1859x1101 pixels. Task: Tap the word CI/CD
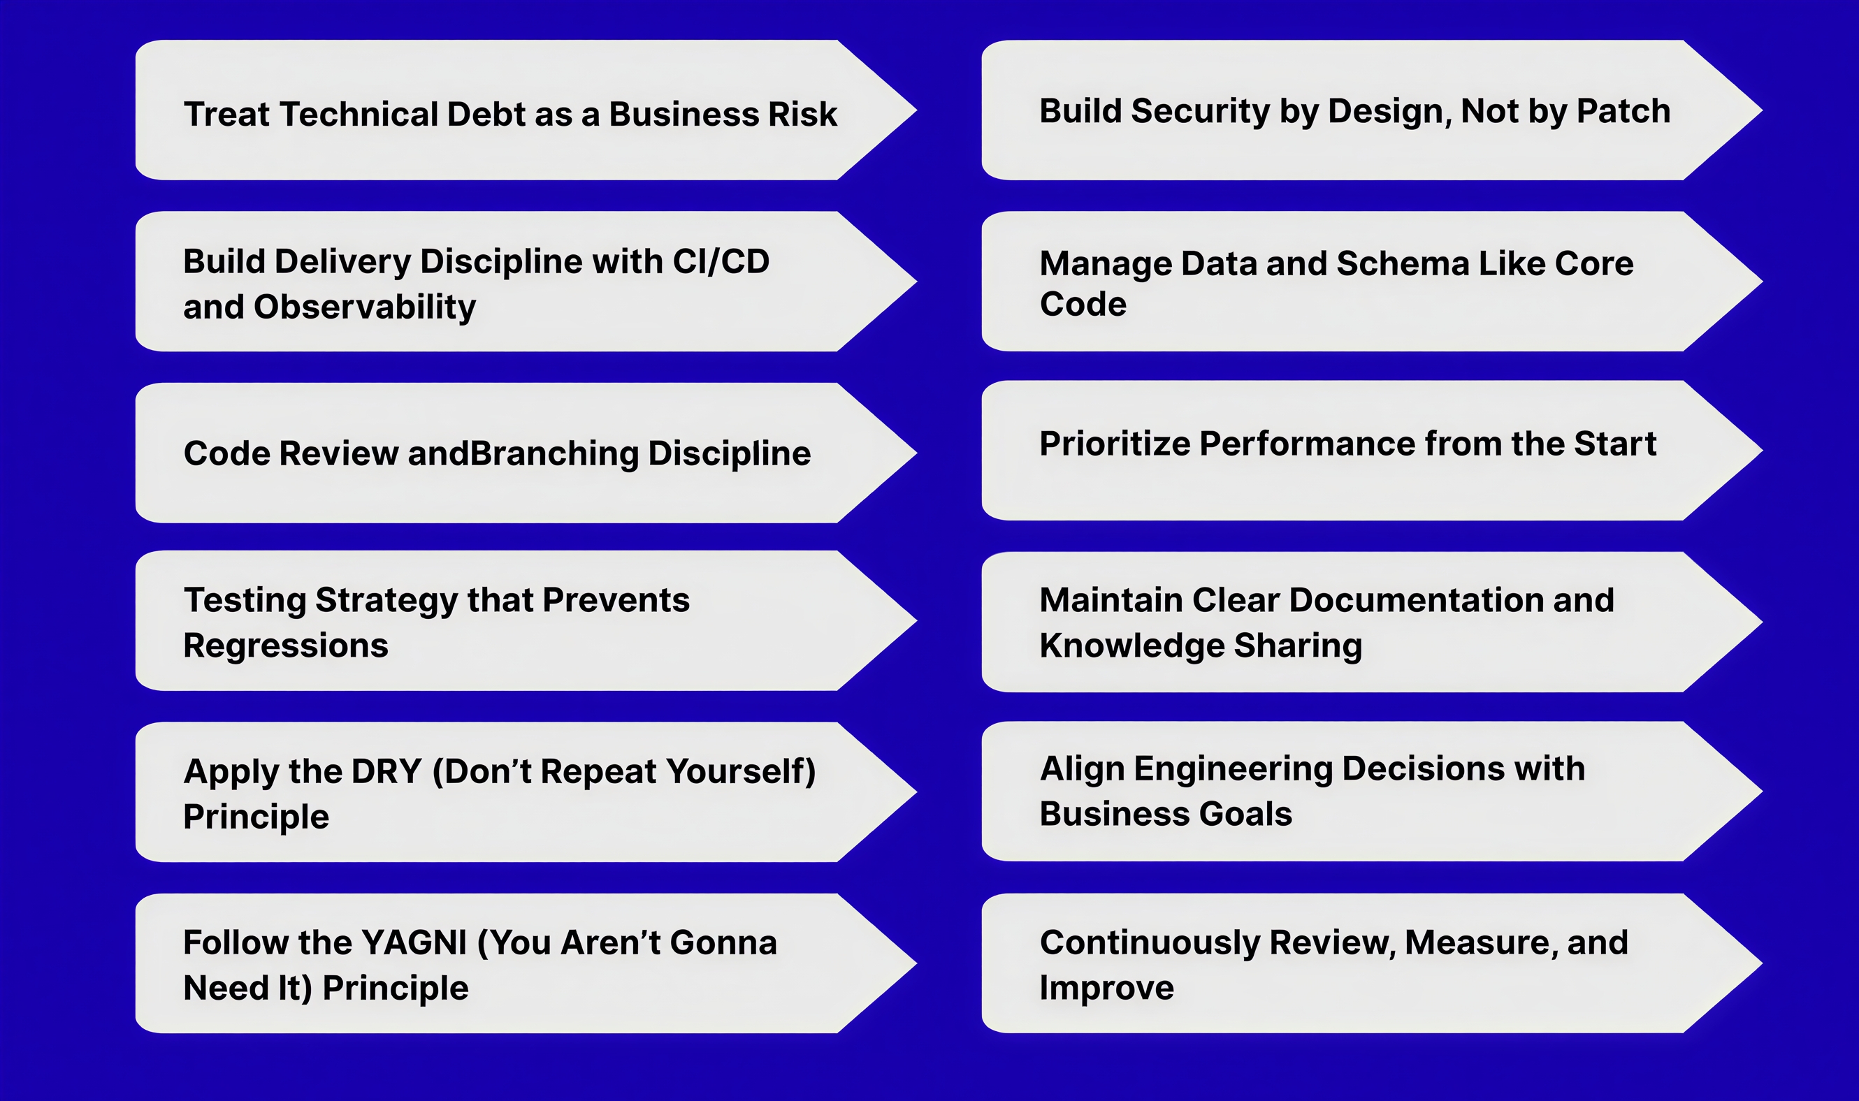tap(721, 261)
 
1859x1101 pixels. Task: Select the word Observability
tap(364, 307)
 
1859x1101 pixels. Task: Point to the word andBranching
tap(523, 453)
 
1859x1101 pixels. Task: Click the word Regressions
tap(286, 646)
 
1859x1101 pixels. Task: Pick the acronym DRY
tap(386, 771)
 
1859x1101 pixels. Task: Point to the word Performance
tap(1307, 444)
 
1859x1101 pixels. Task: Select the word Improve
tap(1106, 989)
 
